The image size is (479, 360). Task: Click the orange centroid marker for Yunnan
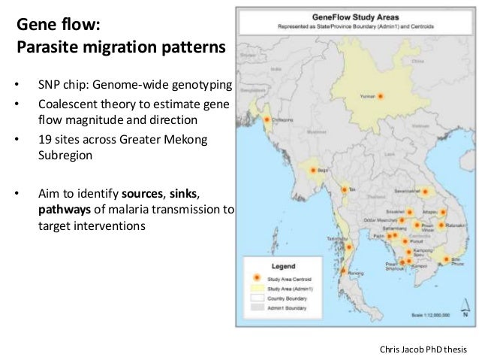381,95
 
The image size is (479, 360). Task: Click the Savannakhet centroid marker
425,192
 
